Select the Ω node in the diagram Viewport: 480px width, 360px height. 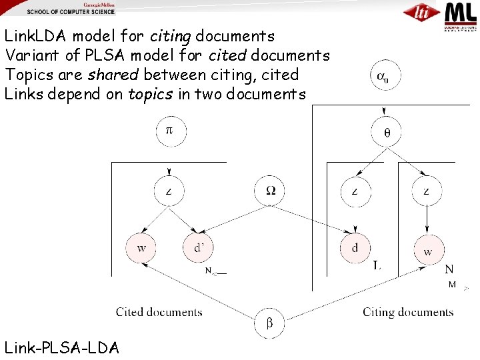point(270,191)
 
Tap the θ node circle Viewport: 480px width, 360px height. point(387,131)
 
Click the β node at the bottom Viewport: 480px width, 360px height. point(269,324)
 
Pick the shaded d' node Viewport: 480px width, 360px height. point(199,249)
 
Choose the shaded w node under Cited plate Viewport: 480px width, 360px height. point(141,249)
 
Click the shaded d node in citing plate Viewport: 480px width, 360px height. point(355,249)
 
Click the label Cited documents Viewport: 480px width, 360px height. point(159,312)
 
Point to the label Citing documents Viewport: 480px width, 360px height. point(408,312)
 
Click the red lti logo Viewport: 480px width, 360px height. point(421,12)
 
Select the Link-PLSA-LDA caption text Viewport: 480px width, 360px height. point(62,347)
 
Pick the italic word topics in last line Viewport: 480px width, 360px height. point(151,94)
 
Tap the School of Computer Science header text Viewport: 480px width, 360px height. point(71,12)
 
